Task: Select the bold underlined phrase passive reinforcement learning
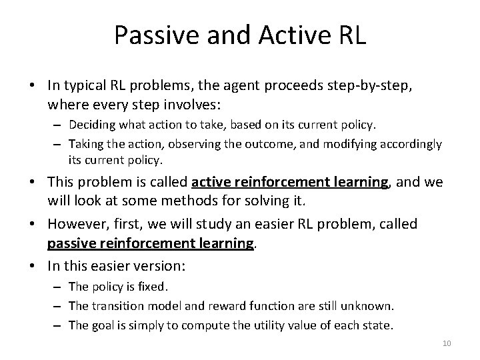[150, 244]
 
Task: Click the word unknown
[370, 305]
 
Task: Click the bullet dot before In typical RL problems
[37, 86]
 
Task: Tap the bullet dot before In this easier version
[37, 265]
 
